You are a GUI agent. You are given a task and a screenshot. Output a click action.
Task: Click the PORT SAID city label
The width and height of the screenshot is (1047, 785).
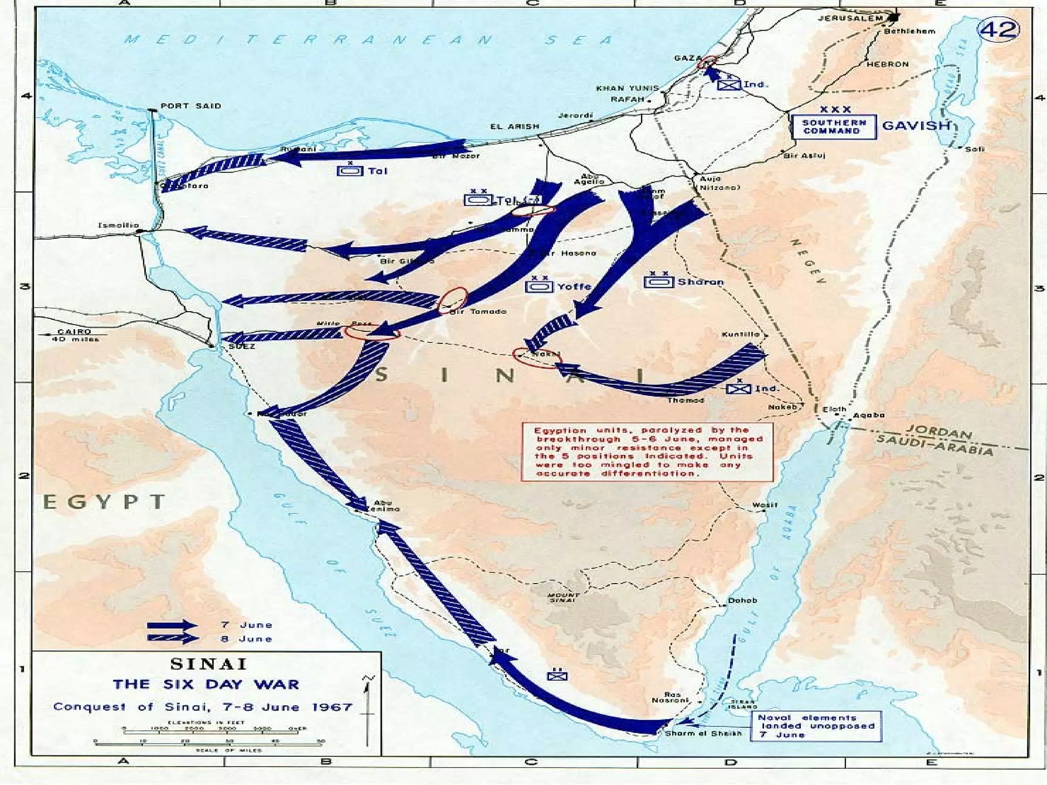tap(191, 106)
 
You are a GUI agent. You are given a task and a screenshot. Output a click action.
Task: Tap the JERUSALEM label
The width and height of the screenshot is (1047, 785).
tap(850, 18)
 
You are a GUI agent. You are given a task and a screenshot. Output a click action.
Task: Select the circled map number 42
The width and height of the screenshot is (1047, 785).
tap(998, 30)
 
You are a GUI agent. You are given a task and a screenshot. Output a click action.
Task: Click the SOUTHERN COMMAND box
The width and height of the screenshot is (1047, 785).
tap(834, 127)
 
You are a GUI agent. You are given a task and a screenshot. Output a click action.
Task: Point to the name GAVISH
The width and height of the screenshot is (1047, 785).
tap(916, 126)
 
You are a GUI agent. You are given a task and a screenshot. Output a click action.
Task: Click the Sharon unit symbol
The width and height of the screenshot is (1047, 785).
tap(658, 281)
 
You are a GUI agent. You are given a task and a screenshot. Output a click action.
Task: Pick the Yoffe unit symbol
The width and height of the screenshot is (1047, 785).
tap(539, 286)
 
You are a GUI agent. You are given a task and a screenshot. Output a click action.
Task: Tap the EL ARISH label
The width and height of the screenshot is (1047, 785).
tap(514, 126)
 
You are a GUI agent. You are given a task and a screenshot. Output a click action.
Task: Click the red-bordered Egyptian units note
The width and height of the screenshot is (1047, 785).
tap(647, 452)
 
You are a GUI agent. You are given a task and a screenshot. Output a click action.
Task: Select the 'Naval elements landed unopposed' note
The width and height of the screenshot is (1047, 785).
tap(816, 726)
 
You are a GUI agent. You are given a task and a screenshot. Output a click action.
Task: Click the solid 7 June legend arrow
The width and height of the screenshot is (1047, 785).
tap(172, 625)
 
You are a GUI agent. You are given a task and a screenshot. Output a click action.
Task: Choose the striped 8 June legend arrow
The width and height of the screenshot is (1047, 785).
tap(172, 638)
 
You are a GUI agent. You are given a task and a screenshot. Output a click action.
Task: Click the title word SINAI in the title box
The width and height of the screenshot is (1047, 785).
tap(208, 664)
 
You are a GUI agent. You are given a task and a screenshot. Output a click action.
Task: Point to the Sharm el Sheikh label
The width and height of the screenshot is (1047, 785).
tap(703, 733)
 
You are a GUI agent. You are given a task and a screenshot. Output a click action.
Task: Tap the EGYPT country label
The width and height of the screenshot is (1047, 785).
tap(104, 502)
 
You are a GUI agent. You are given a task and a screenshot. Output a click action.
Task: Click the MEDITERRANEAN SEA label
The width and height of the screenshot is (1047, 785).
tap(368, 40)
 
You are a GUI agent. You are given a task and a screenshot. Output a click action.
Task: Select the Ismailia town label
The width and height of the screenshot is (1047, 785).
tap(118, 225)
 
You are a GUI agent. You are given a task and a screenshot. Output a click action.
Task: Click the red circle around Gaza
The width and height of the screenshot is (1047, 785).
tap(708, 62)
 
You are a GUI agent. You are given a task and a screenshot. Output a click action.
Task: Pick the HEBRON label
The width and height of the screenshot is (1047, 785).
tap(887, 64)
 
